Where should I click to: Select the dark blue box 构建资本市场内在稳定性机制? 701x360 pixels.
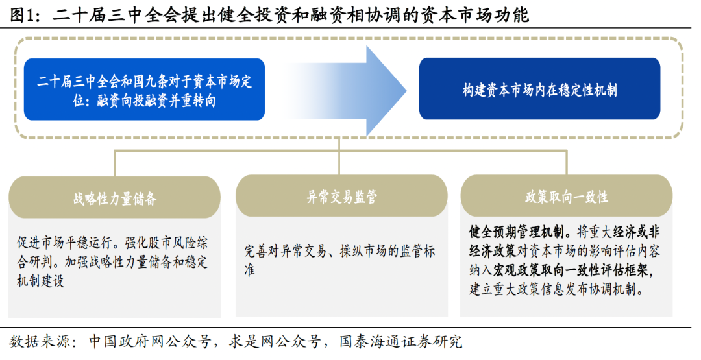[x=539, y=89]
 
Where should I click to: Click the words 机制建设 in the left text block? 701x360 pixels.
[x=40, y=282]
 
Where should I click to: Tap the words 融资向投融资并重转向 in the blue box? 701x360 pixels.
[x=156, y=101]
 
